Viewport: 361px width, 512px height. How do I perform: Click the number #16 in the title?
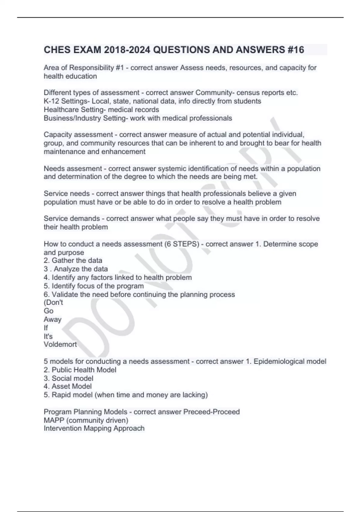pos(296,50)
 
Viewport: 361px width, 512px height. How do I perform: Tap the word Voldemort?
pos(60,344)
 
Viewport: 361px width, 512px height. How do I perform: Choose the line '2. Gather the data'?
pos(73,261)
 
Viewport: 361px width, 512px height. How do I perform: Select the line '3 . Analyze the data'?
pos(76,269)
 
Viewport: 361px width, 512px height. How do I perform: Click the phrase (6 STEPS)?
pos(182,244)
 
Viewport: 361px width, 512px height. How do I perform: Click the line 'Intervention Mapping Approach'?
pos(94,428)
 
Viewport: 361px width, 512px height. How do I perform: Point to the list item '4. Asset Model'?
pos(68,386)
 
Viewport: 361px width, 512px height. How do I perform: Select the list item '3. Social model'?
pos(68,378)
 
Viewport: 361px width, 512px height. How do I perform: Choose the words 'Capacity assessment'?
pos(78,135)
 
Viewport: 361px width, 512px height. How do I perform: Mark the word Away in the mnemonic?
pos(52,319)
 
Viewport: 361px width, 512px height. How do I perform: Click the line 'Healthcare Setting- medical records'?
pos(101,110)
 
